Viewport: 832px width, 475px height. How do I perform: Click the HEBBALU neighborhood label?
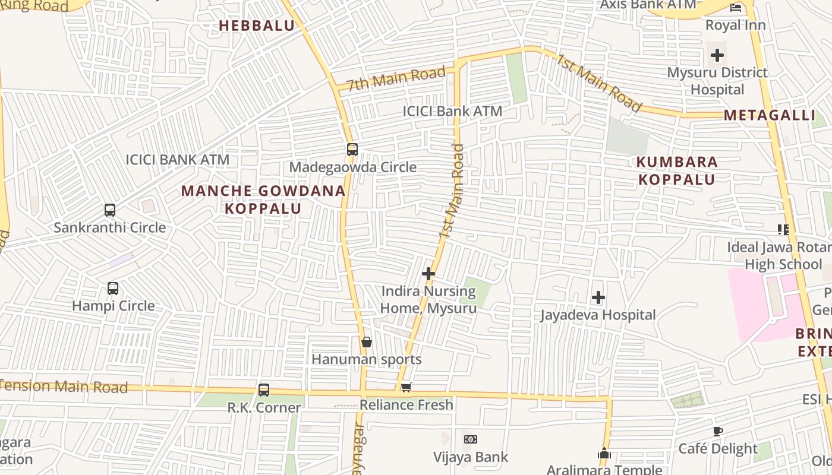[257, 26]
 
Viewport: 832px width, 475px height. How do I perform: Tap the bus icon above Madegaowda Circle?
[352, 150]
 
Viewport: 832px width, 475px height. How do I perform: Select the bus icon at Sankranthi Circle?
[110, 210]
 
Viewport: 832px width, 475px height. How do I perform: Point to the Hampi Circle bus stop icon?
[113, 289]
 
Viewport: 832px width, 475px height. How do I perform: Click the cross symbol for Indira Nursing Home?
[428, 274]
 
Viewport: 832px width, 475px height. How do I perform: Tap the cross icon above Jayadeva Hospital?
[598, 297]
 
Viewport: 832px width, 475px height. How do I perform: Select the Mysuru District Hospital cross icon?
[717, 55]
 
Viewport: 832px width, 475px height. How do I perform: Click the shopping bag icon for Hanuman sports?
[367, 342]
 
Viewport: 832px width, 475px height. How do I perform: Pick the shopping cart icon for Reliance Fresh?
[406, 387]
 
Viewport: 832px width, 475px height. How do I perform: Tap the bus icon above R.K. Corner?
[264, 390]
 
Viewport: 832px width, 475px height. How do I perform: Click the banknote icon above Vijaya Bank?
[471, 439]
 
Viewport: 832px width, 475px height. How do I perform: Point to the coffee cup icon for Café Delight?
[718, 431]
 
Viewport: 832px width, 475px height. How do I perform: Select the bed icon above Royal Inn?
[736, 8]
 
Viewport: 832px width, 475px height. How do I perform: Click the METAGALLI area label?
[770, 115]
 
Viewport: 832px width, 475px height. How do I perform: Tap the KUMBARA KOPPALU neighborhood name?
[677, 170]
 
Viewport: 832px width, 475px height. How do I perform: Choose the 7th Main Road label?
[396, 78]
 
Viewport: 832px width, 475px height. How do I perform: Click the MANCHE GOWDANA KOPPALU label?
[263, 199]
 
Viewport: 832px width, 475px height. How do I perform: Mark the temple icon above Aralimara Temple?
[604, 454]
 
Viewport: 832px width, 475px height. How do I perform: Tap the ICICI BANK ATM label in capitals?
[177, 160]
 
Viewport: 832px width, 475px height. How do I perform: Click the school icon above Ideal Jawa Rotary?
[783, 229]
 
